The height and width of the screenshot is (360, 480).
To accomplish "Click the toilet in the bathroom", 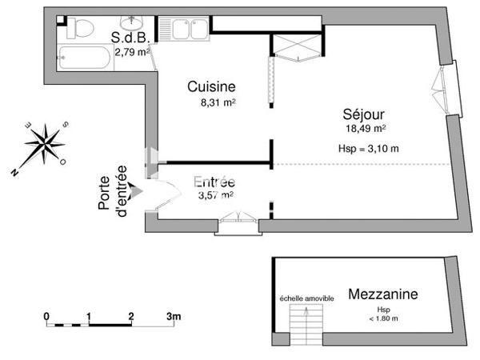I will coord(78,28).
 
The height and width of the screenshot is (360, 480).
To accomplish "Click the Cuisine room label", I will coord(211,86).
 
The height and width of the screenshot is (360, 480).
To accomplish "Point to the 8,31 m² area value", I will coord(217,102).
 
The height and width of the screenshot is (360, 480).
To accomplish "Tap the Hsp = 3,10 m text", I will coord(369,148).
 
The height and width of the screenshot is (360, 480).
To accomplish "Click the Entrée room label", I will coord(214,182).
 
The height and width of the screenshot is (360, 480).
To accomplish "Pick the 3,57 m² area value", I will coord(215,194).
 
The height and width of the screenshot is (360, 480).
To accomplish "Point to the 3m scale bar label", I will coord(174,316).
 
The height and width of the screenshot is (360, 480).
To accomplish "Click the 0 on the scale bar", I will coord(47,316).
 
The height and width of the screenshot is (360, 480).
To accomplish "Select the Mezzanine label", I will coord(382,294).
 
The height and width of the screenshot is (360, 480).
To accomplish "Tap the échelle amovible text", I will coord(306,298).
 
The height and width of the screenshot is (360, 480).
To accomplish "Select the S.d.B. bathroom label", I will coord(129,37).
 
